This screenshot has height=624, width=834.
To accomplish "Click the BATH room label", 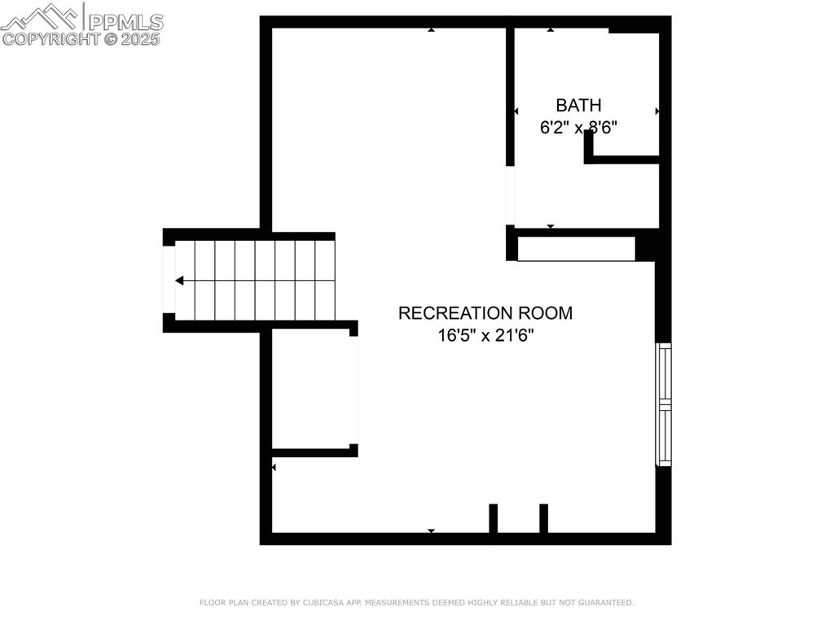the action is pos(579,105).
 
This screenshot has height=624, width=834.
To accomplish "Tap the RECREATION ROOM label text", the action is pos(485,313).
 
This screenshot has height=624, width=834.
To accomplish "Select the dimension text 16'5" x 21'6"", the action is pos(485,335).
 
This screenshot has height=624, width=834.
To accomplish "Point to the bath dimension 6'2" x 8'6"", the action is pos(578,128).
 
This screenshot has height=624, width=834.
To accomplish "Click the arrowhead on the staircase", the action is pos(180,280).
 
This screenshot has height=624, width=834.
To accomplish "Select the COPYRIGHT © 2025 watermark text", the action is pos(81,39).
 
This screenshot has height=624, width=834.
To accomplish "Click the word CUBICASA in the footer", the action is pos(322,603).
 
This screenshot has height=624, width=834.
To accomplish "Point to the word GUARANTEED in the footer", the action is pos(605,603).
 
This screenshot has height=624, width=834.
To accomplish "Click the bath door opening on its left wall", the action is pos(510,195).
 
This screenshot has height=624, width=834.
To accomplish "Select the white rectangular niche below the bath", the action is pos(577,249).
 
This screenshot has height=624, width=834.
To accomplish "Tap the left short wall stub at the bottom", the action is pos(493,518).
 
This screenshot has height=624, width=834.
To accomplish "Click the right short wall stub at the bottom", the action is pos(543,518).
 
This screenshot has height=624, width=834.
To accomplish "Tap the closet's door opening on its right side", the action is pos(353,391).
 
